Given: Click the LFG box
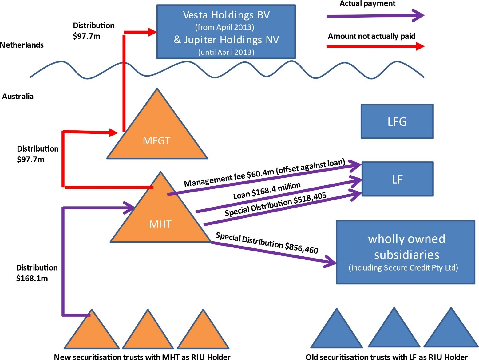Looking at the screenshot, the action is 397,121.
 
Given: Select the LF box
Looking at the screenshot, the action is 398,179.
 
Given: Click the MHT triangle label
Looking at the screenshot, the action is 160,224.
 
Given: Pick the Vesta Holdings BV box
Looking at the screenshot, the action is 226,32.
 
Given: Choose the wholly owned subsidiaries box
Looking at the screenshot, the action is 406,252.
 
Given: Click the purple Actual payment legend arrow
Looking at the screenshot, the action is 375,15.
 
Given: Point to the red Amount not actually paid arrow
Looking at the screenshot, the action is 375,46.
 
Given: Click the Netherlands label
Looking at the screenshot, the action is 22,45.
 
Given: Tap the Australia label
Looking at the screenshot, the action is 18,97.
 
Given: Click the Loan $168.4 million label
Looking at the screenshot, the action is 267,191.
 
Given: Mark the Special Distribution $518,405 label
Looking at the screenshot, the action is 275,204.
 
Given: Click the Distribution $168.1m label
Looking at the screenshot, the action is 37,273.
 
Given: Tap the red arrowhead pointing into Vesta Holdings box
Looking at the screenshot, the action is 152,32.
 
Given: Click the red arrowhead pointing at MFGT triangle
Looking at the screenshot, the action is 113,133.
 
